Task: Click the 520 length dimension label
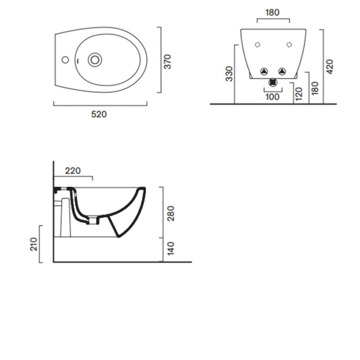click(99, 114)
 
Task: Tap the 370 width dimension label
click(167, 62)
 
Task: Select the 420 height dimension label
click(329, 67)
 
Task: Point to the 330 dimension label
click(229, 74)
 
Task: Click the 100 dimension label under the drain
click(273, 97)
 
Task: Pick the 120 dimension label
click(299, 94)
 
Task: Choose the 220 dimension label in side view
click(73, 171)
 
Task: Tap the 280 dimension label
click(171, 213)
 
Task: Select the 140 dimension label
click(171, 248)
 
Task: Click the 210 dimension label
click(34, 244)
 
